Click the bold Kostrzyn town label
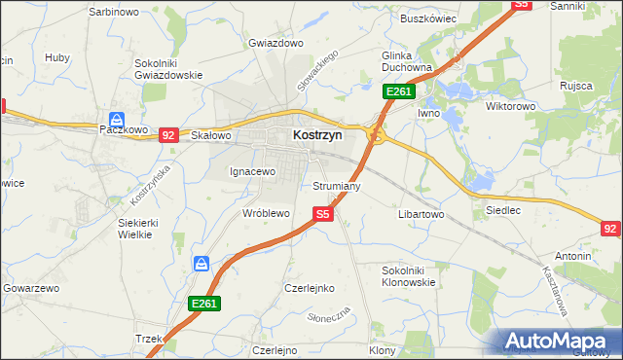[x=317, y=137]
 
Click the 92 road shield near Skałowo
[x=168, y=135]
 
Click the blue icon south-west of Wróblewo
[x=202, y=264]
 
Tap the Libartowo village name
[x=421, y=213]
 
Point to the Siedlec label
[x=502, y=209]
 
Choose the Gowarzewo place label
[x=32, y=289]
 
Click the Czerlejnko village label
[x=310, y=289]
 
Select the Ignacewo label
[x=253, y=171]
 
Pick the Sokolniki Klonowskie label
[x=410, y=275]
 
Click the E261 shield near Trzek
[x=204, y=305]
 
